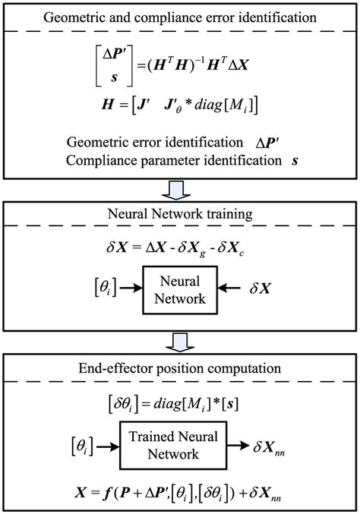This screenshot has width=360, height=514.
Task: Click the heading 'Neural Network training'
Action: click(x=179, y=216)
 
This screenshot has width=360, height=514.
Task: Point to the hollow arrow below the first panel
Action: click(x=179, y=188)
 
